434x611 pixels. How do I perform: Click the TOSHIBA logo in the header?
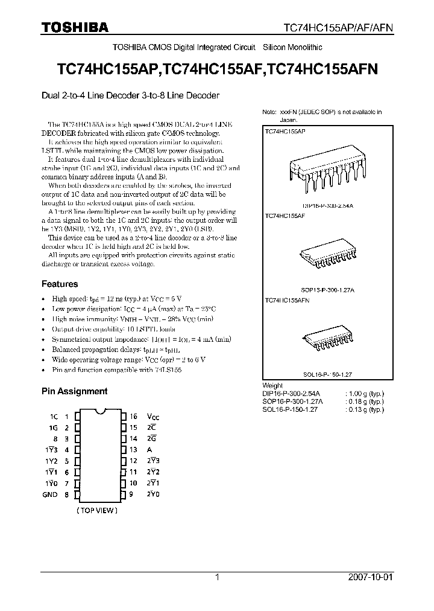[x=75, y=27]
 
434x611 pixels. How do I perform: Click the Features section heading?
[x=60, y=284]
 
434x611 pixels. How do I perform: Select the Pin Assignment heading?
[x=74, y=391]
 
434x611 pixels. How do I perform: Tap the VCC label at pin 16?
[x=154, y=417]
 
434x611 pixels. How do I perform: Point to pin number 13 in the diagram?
[x=133, y=450]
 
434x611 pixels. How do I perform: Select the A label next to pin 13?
[x=150, y=450]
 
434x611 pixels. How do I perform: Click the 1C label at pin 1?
[x=54, y=417]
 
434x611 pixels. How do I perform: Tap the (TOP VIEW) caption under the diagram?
[x=97, y=511]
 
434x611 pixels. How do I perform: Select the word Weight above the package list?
[x=273, y=385]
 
